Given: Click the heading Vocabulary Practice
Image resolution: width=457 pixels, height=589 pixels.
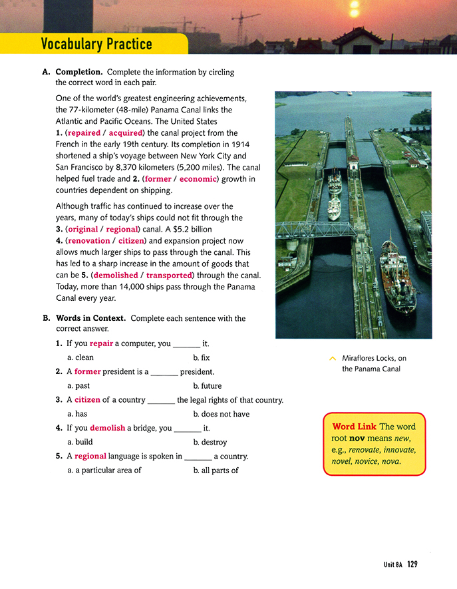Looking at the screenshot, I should click(x=96, y=45).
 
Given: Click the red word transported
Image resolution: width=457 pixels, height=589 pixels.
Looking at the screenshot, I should click(x=169, y=275).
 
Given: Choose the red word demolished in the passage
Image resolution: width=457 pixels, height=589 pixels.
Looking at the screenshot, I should click(x=116, y=275).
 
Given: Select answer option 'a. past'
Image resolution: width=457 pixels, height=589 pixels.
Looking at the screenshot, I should click(x=78, y=385).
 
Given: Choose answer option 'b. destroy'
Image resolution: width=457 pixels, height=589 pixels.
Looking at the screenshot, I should click(x=210, y=442).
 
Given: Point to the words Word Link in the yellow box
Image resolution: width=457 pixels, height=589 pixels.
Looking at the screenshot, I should click(x=353, y=426).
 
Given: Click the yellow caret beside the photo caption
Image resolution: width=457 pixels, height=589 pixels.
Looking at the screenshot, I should click(x=333, y=359).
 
